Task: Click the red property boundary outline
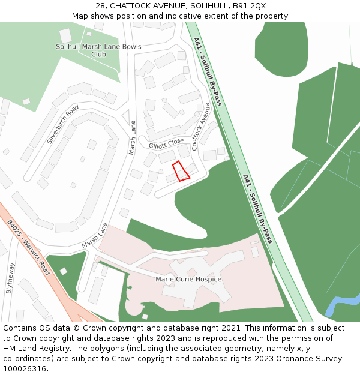click(x=181, y=171)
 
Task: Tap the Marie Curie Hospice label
click(x=188, y=280)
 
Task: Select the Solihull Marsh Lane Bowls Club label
click(x=98, y=50)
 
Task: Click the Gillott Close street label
click(x=166, y=143)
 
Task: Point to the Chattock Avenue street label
click(x=201, y=127)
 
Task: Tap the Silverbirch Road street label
click(x=63, y=125)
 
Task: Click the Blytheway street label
click(x=10, y=278)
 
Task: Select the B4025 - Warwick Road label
click(x=29, y=247)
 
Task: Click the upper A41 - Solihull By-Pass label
click(x=208, y=71)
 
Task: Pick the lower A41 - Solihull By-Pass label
click(x=257, y=209)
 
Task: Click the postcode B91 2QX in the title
click(x=249, y=6)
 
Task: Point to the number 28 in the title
click(x=100, y=6)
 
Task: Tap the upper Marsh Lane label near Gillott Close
click(x=133, y=138)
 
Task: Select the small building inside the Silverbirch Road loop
click(x=92, y=145)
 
